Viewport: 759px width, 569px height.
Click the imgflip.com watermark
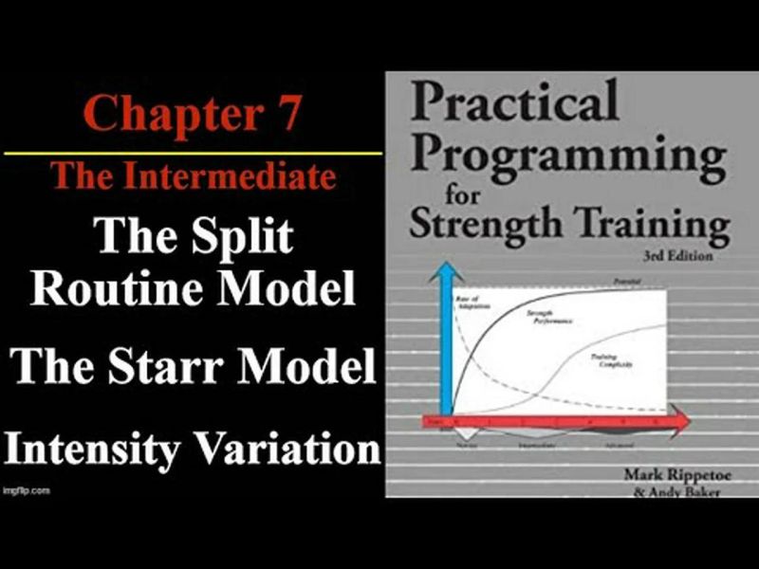click(26, 491)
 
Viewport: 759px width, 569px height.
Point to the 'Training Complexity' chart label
click(607, 360)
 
